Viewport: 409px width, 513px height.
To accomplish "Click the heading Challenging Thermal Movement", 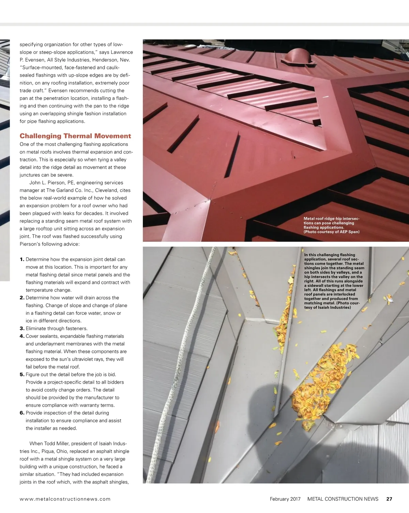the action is (75, 136).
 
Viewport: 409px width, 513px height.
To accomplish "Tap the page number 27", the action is (389, 499).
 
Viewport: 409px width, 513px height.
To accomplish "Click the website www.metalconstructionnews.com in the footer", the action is (65, 499).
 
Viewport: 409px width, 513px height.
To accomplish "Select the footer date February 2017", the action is (285, 499).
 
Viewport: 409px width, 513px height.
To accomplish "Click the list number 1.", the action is (22, 259).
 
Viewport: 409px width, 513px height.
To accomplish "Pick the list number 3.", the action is (22, 328).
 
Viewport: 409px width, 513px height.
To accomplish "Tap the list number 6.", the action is (22, 413).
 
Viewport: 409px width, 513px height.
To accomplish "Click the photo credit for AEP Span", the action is (331, 232).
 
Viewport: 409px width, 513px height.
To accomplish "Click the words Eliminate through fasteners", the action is (57, 328).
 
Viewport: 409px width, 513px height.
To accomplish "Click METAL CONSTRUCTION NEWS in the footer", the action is (343, 499).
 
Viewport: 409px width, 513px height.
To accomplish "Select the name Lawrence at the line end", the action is (122, 52).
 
